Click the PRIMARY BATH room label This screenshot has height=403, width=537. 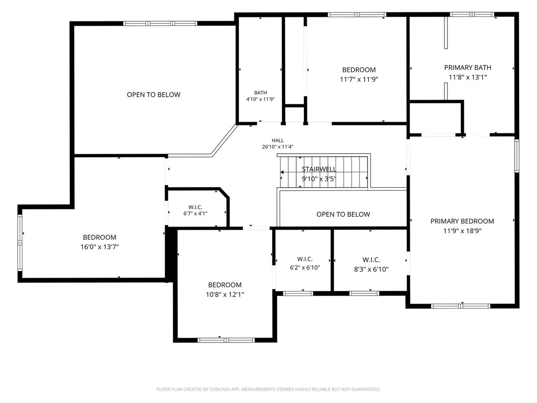[468, 68]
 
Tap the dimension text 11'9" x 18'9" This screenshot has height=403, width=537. [462, 231]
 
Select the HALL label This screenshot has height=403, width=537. [278, 141]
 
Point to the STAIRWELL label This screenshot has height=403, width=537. [319, 169]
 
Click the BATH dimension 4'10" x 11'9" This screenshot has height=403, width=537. [260, 99]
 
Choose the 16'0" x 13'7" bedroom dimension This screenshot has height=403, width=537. [100, 247]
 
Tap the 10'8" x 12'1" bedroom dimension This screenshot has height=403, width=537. [225, 294]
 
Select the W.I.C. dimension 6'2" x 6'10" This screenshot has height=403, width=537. [305, 267]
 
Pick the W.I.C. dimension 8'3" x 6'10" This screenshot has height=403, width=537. [371, 269]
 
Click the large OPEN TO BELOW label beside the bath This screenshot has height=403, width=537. [153, 94]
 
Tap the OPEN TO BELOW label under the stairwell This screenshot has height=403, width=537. [343, 214]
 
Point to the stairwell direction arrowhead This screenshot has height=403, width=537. [282, 172]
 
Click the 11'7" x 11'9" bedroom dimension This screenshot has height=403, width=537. [359, 79]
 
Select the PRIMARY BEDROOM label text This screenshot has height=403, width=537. [462, 221]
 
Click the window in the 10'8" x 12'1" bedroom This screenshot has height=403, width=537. [226, 340]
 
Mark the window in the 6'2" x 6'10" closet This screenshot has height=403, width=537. [298, 293]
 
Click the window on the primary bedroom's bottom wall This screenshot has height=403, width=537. [460, 306]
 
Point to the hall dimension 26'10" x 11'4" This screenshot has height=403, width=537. [278, 147]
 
